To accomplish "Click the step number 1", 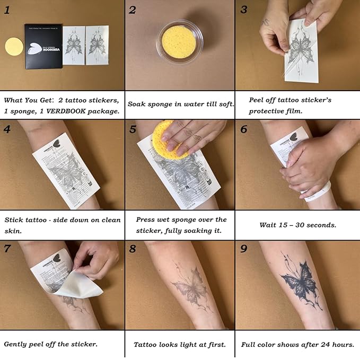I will [7, 9].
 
